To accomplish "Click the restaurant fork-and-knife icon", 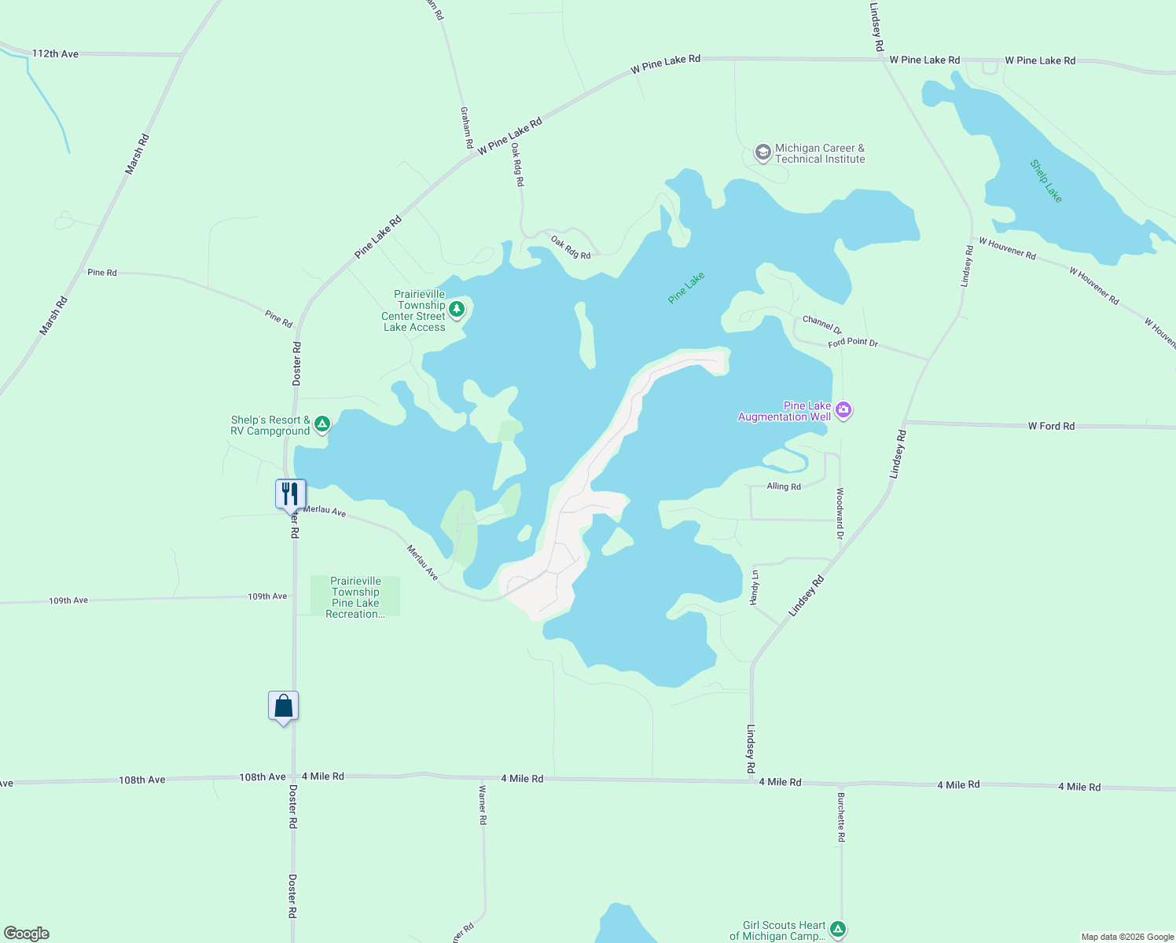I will pos(290,494).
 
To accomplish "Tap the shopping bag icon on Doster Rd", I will pos(283,706).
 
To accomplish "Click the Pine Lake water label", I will pos(686,288).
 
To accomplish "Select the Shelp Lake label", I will pos(1046,182).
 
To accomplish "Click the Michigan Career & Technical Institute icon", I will pos(763,152).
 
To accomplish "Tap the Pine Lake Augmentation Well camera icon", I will pos(843,409).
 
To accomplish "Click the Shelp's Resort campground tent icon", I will pos(322,424).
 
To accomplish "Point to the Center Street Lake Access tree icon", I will pos(456,309).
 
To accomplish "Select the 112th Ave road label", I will pos(55,53).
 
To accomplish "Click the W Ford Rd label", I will pos(1051,426).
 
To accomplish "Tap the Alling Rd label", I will pos(784,486).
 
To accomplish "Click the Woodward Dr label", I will pos(840,513).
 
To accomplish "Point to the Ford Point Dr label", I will pos(853,343).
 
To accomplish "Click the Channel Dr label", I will pos(822,325).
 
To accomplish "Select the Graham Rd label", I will pos(466,128).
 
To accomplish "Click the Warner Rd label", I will pos(483,804).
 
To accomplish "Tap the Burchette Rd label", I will pos(840,817).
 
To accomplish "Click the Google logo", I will pos(27,934).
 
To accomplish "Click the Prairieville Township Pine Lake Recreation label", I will pos(355,597).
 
